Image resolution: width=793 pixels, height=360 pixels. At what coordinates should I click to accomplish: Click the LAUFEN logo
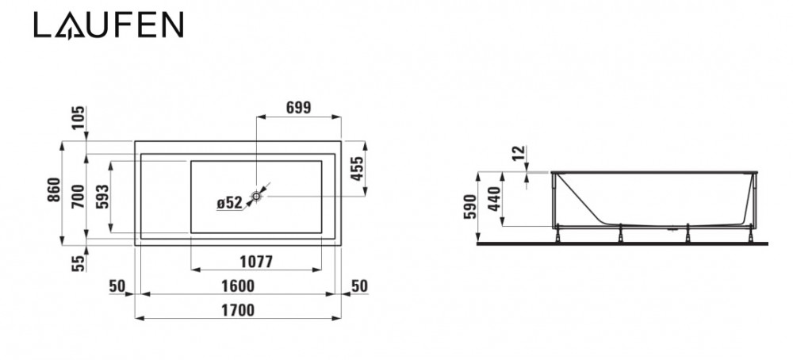pos(109,25)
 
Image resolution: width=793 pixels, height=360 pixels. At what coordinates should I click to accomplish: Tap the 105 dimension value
pos(77,120)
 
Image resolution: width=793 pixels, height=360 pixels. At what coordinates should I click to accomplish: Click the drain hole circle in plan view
pos(258,194)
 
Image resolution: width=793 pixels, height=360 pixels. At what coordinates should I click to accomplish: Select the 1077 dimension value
pos(255,262)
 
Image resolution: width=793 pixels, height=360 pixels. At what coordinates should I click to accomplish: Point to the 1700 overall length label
pos(238,311)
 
